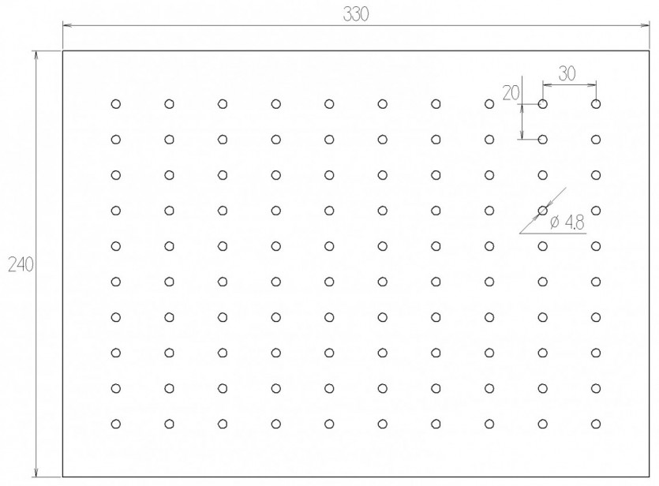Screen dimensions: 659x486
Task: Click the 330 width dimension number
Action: pyautogui.click(x=356, y=14)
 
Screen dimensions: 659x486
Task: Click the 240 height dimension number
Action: pyautogui.click(x=21, y=264)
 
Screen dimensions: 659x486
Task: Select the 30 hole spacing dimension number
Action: pyautogui.click(x=567, y=73)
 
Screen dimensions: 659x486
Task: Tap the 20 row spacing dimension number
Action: pyautogui.click(x=511, y=93)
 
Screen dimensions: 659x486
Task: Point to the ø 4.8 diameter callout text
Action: pyautogui.click(x=567, y=222)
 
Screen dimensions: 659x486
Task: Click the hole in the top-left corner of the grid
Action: pyautogui.click(x=116, y=104)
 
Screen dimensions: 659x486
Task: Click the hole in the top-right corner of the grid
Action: pyautogui.click(x=596, y=104)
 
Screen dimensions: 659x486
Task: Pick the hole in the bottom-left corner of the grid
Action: pyautogui.click(x=116, y=424)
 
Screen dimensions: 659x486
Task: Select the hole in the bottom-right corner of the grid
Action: pyautogui.click(x=596, y=424)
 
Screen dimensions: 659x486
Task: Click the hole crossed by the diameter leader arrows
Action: pyautogui.click(x=542, y=211)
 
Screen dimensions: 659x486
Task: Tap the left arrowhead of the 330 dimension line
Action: pyautogui.click(x=67, y=25)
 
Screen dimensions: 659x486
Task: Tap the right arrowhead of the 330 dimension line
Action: pyautogui.click(x=645, y=25)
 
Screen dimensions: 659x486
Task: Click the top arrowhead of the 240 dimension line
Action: pyautogui.click(x=36, y=55)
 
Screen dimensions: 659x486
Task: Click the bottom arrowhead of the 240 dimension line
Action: pyautogui.click(x=36, y=472)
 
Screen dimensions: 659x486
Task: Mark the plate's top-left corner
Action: pyautogui.click(x=63, y=50)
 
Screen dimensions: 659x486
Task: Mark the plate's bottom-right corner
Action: pyautogui.click(x=649, y=477)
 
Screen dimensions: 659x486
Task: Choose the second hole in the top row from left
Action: pyautogui.click(x=170, y=104)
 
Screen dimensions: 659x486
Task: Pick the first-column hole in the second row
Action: pyautogui.click(x=116, y=140)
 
